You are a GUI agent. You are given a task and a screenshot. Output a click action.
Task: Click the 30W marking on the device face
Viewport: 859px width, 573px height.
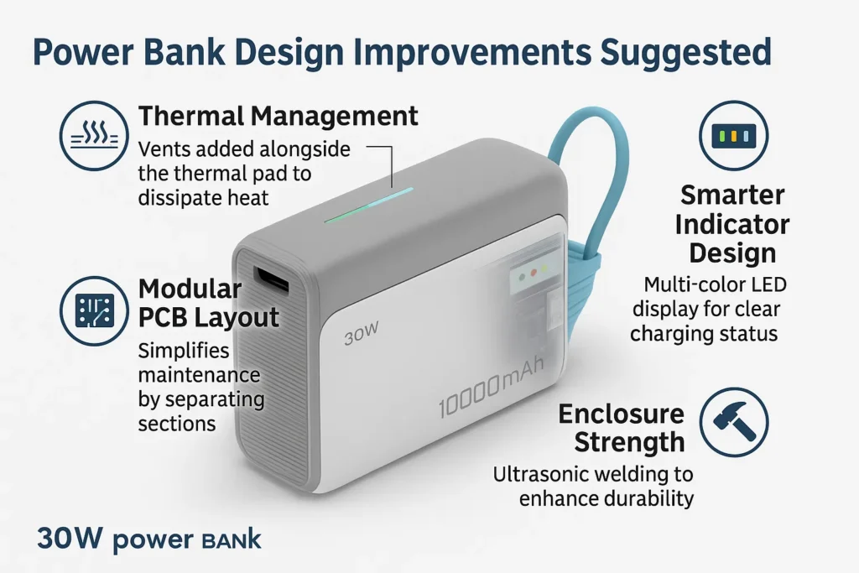(x=362, y=338)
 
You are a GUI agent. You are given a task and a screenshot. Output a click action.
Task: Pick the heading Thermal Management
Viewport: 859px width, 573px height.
(x=278, y=116)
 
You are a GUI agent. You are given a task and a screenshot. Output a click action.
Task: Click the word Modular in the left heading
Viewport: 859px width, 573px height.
(x=190, y=289)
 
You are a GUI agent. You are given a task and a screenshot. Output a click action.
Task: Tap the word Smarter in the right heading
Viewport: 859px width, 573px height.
(x=732, y=195)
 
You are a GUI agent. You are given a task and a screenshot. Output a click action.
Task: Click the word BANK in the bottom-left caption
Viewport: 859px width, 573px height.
(x=230, y=539)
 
